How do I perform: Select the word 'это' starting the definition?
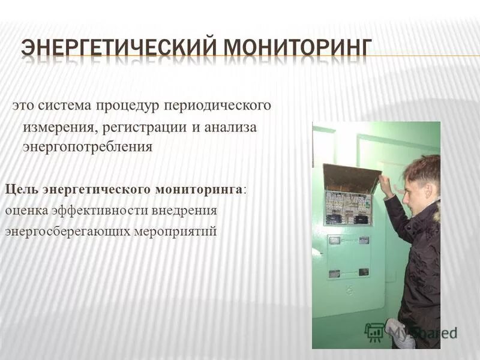(x=23, y=106)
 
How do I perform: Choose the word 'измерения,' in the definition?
(x=60, y=127)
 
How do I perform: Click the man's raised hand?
(x=386, y=185)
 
